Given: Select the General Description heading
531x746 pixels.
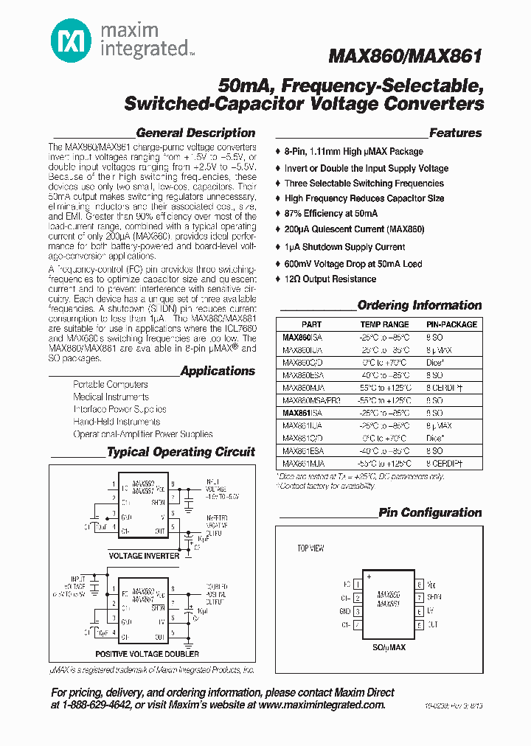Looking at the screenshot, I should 195,133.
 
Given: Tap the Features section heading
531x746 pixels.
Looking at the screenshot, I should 455,133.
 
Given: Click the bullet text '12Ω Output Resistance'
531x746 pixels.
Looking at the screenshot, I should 330,279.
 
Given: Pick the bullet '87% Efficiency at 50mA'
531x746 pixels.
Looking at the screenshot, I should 331,214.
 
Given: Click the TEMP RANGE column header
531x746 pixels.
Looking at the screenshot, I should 384,324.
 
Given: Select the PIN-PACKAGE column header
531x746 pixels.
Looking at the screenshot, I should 451,324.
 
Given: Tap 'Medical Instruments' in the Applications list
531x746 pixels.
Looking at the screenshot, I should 111,397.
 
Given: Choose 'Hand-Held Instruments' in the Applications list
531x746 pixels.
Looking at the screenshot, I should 117,422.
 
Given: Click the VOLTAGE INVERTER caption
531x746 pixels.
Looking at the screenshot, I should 144,556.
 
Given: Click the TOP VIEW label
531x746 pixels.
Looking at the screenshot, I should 310,549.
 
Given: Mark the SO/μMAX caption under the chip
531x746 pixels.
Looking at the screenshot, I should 388,647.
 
